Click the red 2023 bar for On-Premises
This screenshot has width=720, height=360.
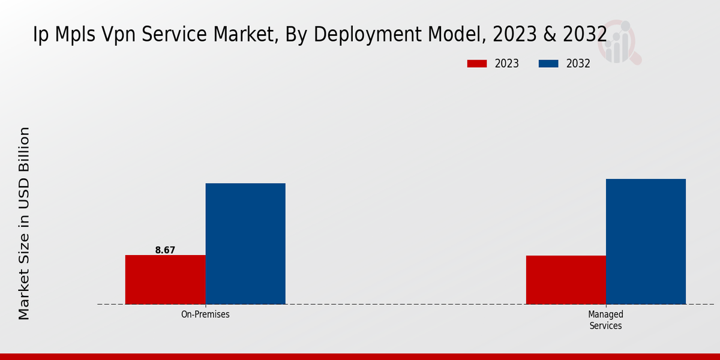[165, 280]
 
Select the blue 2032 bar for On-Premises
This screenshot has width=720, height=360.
[245, 244]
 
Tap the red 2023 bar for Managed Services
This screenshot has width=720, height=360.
[566, 280]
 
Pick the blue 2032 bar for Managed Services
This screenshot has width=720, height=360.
[646, 241]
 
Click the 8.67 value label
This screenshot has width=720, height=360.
[165, 250]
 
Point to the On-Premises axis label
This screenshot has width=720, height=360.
[205, 314]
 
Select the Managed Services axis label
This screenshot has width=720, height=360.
[605, 320]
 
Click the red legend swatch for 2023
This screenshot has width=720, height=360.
[477, 64]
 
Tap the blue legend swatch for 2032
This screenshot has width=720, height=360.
[548, 64]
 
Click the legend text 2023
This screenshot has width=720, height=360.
[507, 64]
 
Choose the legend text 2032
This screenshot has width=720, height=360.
[578, 64]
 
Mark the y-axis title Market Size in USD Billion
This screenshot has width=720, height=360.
[24, 223]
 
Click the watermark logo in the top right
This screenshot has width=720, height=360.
[622, 42]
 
